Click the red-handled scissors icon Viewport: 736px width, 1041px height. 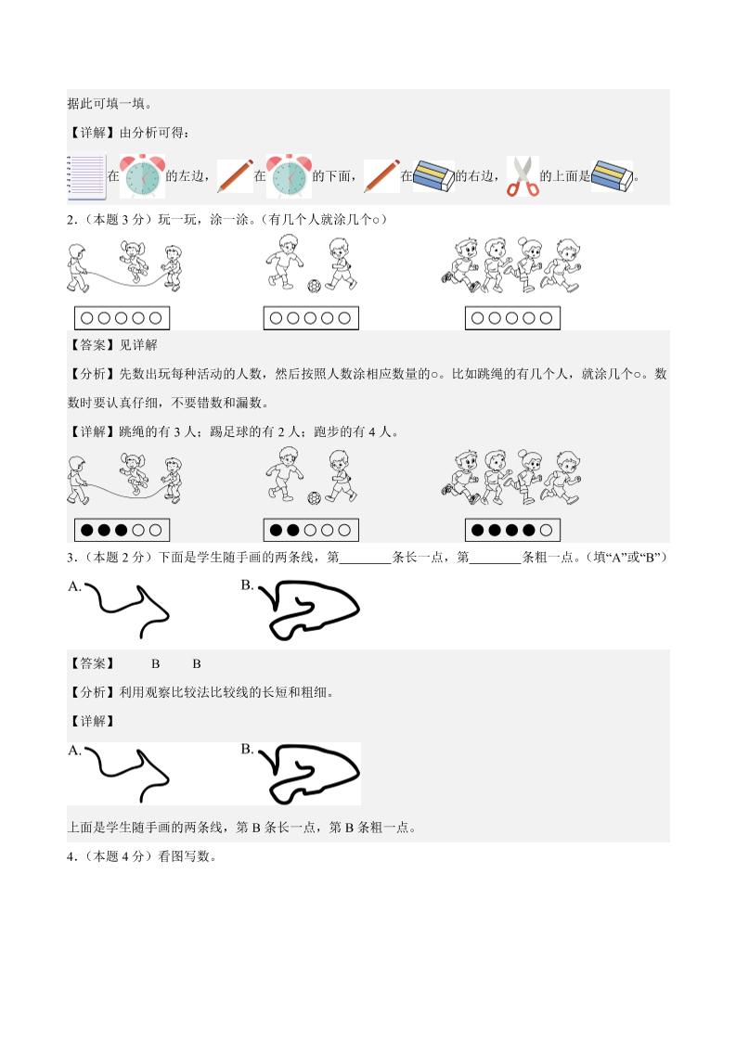pyautogui.click(x=523, y=176)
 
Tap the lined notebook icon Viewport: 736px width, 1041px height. pyautogui.click(x=85, y=176)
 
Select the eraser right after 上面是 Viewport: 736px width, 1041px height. pyautogui.click(x=612, y=175)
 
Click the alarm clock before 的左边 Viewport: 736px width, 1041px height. pyautogui.click(x=143, y=175)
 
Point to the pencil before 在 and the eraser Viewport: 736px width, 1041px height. pyautogui.click(x=381, y=175)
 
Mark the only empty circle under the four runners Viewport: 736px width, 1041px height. pyautogui.click(x=546, y=531)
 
